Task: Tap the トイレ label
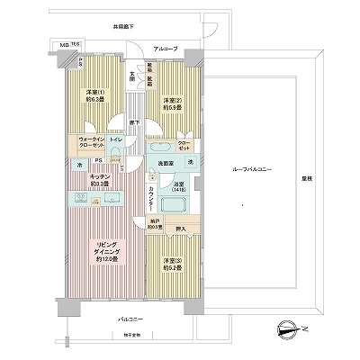(x=118, y=141)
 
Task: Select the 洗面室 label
(x=166, y=162)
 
